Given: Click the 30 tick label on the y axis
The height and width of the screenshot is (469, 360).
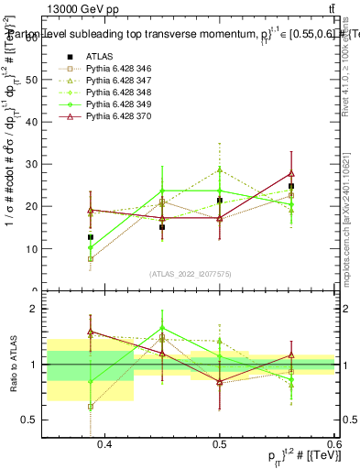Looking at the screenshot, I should tap(36, 164).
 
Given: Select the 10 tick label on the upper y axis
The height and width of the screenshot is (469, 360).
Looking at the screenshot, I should tap(36, 248).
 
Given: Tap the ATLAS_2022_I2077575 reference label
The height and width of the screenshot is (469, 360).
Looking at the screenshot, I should tap(191, 274).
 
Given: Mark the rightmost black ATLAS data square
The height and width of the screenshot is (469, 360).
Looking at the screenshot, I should tap(291, 186).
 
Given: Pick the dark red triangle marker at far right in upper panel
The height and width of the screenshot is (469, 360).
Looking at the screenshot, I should tap(291, 173).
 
